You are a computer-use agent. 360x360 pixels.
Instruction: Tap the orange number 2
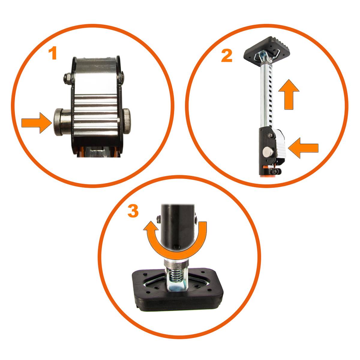click(226, 56)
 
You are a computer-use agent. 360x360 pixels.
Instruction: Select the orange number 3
click(133, 211)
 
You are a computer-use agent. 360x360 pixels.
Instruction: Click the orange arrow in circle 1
click(35, 123)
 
